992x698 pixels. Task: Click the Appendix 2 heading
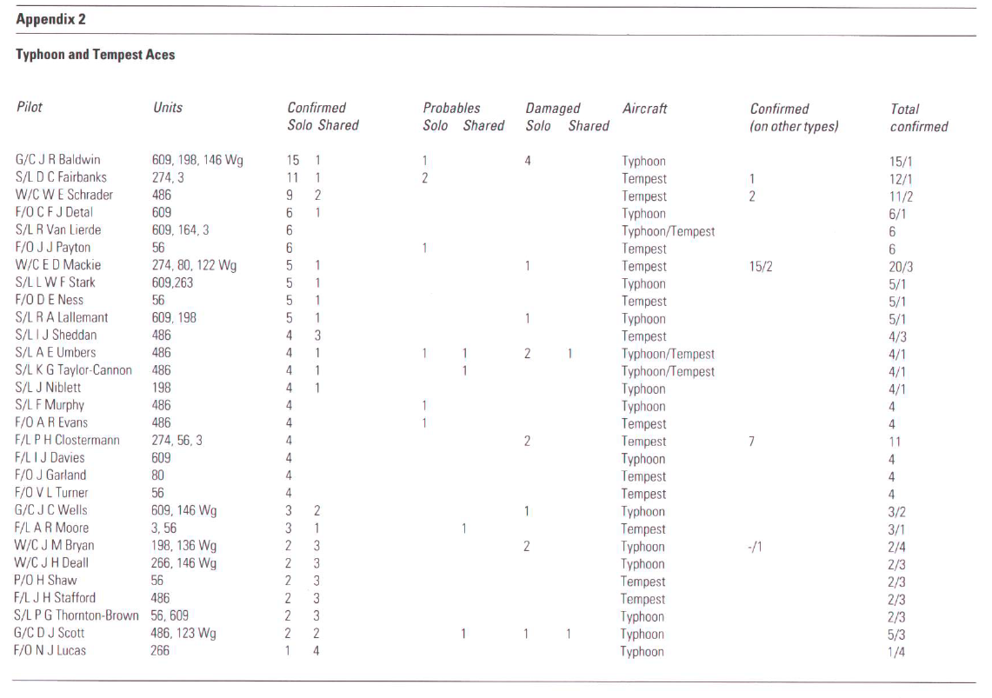point(50,18)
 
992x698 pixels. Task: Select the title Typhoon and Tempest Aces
point(95,55)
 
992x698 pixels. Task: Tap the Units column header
point(167,108)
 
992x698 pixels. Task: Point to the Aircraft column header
point(645,109)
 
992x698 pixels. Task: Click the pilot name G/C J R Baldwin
point(59,161)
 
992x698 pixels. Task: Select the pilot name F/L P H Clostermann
point(67,441)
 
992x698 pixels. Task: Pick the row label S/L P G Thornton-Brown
point(77,615)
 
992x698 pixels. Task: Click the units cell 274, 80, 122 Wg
point(194,265)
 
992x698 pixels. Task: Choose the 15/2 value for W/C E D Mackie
point(762,266)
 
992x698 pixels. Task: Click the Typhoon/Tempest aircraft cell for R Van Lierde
point(668,231)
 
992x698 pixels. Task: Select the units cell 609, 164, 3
point(180,230)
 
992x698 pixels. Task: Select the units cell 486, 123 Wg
point(183,633)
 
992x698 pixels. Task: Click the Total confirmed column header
point(918,117)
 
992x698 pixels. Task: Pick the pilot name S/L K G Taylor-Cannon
point(74,370)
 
